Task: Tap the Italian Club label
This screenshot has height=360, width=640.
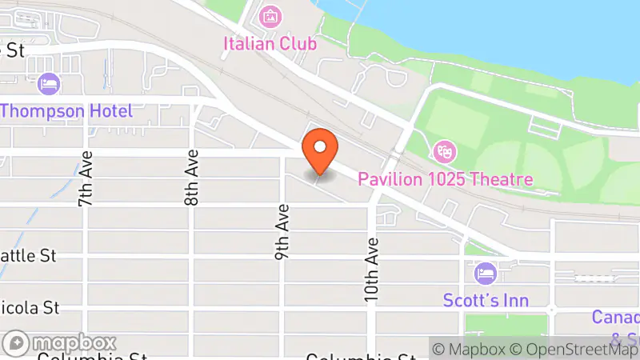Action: point(270,43)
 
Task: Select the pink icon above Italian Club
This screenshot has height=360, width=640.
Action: point(270,15)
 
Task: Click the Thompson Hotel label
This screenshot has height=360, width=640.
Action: point(66,111)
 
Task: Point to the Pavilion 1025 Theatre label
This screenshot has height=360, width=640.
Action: point(445,178)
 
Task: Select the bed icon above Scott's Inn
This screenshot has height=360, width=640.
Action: point(485,274)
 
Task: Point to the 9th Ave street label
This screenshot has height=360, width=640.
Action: point(282,231)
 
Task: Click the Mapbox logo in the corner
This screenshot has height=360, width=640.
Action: point(59,343)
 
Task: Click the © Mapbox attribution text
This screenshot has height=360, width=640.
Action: point(470,349)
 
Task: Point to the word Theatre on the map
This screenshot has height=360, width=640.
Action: point(500,178)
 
